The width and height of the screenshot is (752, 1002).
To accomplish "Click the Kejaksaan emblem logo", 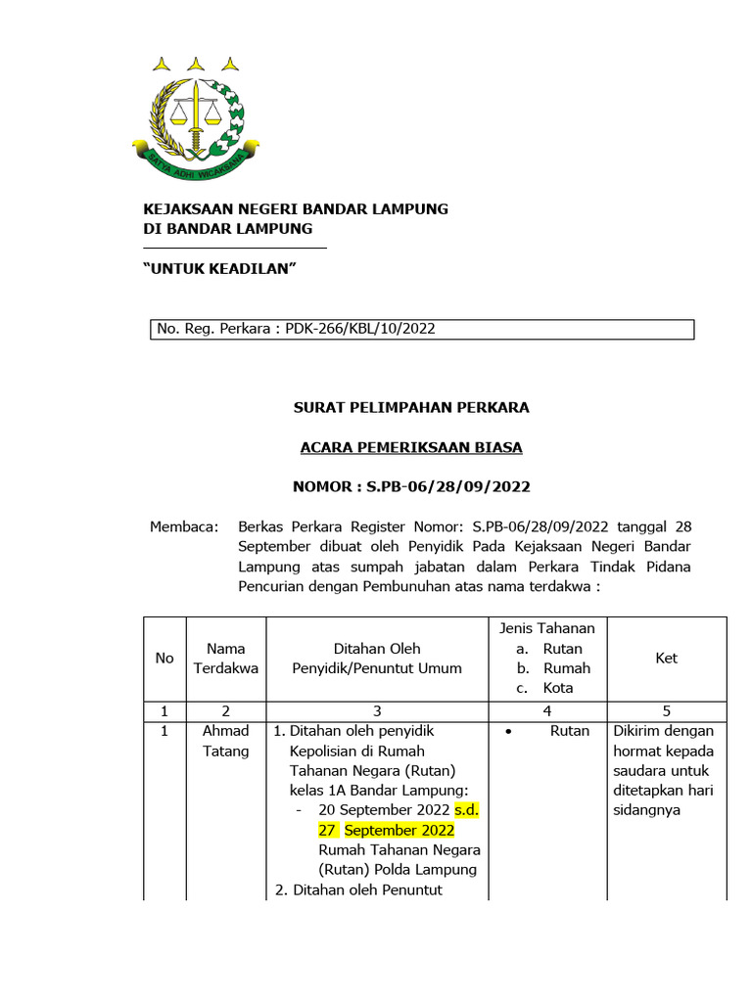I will tap(196, 122).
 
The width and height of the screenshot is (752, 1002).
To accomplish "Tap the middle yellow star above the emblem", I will tap(196, 65).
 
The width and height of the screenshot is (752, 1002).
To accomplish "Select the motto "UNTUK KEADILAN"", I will tap(220, 268).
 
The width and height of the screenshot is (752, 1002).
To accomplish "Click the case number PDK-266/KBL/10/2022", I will tap(360, 329).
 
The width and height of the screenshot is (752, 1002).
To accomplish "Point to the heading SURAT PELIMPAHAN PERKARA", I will tap(411, 407).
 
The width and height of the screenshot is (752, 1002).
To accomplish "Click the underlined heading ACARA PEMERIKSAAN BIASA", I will tap(411, 447).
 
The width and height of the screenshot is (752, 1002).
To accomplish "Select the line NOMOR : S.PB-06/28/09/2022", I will tap(411, 486).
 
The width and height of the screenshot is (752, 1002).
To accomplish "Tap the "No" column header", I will tap(164, 659).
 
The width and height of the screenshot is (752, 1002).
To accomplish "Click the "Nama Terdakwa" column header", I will tap(226, 659).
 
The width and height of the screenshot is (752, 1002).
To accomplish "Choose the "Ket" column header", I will tap(667, 659).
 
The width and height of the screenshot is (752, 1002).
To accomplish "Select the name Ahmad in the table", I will tap(226, 731).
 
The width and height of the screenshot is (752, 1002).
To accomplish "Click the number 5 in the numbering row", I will tap(667, 711).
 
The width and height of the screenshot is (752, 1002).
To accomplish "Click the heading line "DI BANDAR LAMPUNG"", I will tap(228, 229).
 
